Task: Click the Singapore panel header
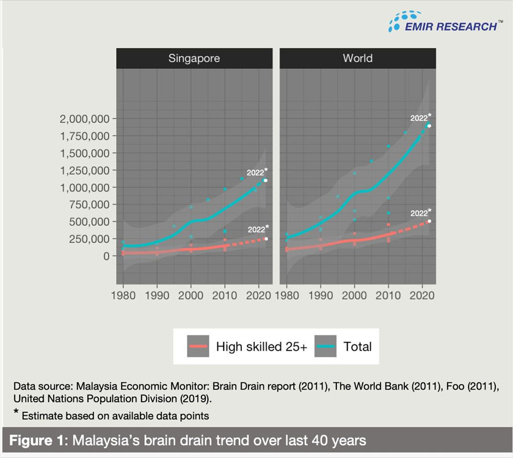(194, 59)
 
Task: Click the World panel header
(357, 59)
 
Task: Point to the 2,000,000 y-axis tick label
(84, 118)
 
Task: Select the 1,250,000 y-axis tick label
(84, 170)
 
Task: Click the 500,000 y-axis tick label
(89, 222)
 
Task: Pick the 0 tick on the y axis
(106, 256)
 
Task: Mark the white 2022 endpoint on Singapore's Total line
(266, 181)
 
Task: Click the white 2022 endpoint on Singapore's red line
(266, 239)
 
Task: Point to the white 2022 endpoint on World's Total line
(429, 126)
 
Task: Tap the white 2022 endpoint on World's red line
(429, 221)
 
